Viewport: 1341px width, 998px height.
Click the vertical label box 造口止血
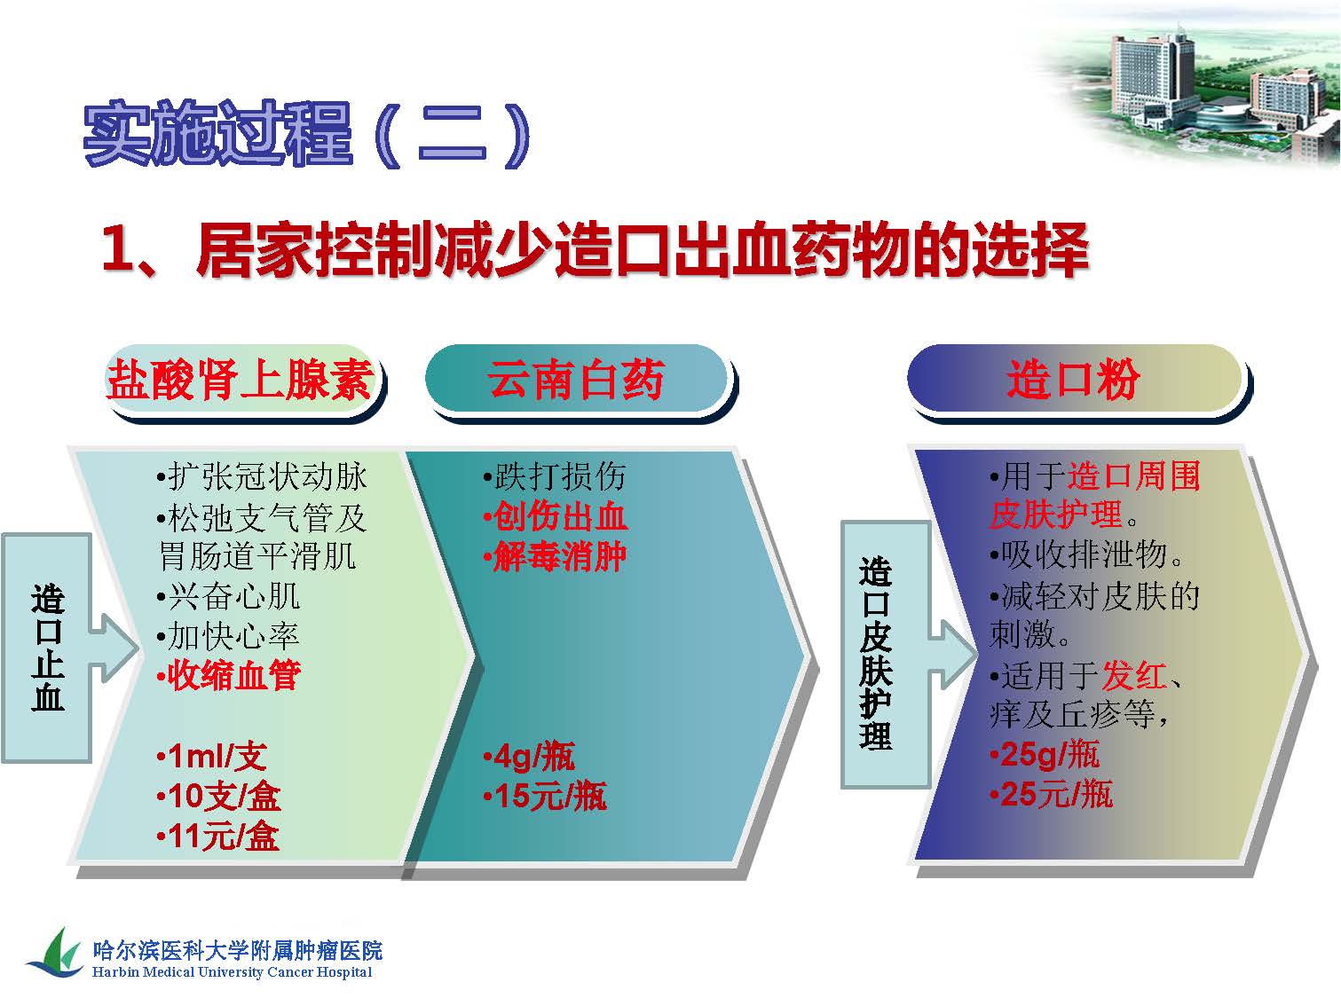tap(47, 648)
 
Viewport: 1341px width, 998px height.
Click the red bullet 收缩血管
tap(229, 675)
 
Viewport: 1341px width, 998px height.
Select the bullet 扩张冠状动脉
tap(261, 477)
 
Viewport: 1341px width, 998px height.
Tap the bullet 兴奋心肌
tap(229, 597)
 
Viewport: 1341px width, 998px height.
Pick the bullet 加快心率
tap(229, 636)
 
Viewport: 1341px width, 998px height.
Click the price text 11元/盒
tap(218, 837)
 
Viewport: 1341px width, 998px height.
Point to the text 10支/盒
tap(218, 796)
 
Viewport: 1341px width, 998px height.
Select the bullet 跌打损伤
tap(555, 477)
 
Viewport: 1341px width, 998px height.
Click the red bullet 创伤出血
tap(555, 517)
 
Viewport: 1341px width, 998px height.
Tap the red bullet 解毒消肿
tap(555, 557)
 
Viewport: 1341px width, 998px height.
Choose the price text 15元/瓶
tap(545, 796)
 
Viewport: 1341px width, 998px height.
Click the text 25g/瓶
tap(1045, 755)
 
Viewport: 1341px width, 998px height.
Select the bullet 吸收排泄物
tap(1086, 554)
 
